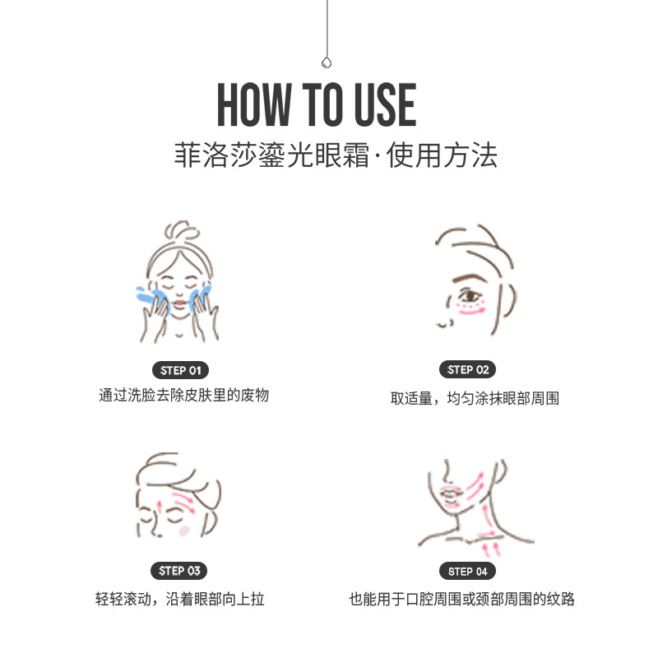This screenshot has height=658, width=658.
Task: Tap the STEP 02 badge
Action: pyautogui.click(x=468, y=369)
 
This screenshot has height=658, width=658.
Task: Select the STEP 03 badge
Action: pyautogui.click(x=179, y=571)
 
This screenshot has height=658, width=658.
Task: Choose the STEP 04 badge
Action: pyautogui.click(x=468, y=571)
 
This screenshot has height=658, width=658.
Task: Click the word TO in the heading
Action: pyautogui.click(x=317, y=104)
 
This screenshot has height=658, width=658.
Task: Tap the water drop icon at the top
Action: pyautogui.click(x=327, y=62)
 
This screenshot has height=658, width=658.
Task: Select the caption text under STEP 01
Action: pyautogui.click(x=183, y=395)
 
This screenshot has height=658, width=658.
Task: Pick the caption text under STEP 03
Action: pyautogui.click(x=179, y=599)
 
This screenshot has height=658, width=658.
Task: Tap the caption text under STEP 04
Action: pyautogui.click(x=461, y=599)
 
